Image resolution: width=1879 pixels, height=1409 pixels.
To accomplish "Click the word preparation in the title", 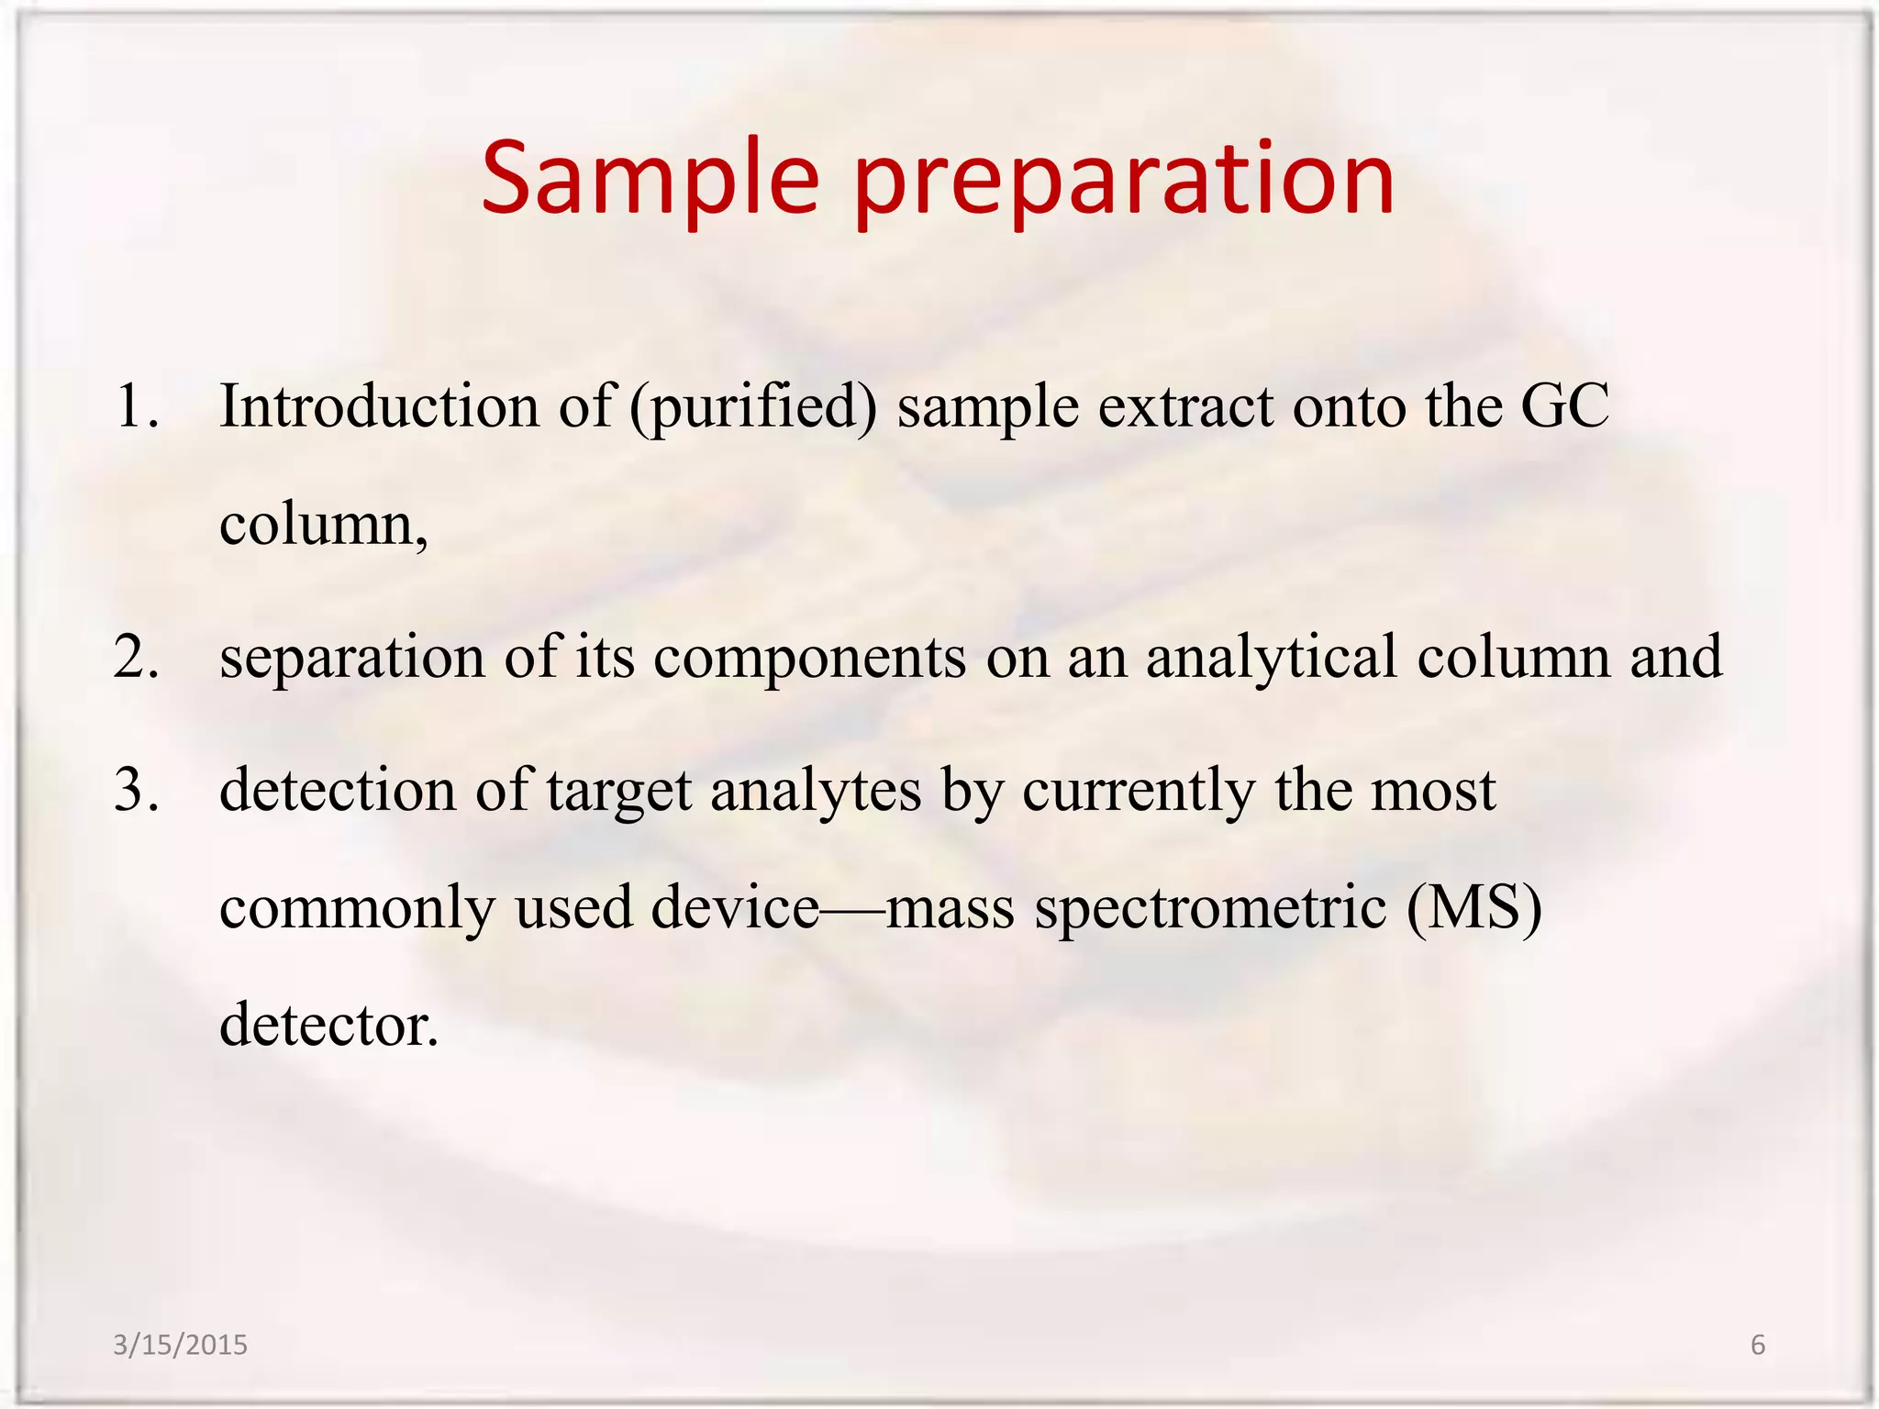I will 1125,183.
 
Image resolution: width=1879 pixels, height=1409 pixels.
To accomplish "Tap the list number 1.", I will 137,405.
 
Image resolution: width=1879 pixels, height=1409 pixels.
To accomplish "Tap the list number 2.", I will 137,657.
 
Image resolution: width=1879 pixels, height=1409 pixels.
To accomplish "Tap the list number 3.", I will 137,790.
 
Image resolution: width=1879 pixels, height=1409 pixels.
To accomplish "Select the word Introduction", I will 379,405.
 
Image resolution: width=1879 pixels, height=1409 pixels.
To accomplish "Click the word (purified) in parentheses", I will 753,407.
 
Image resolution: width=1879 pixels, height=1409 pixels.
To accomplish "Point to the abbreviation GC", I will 1564,405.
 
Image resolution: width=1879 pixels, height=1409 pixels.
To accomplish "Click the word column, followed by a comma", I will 323,527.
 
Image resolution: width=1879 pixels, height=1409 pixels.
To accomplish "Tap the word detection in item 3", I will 337,790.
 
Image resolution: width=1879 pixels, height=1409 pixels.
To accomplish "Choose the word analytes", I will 815,792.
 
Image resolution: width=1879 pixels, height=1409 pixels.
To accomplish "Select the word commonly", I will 357,909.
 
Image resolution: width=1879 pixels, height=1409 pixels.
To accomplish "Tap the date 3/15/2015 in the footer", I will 180,1345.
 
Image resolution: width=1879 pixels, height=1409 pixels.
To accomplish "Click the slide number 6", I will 1758,1345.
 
